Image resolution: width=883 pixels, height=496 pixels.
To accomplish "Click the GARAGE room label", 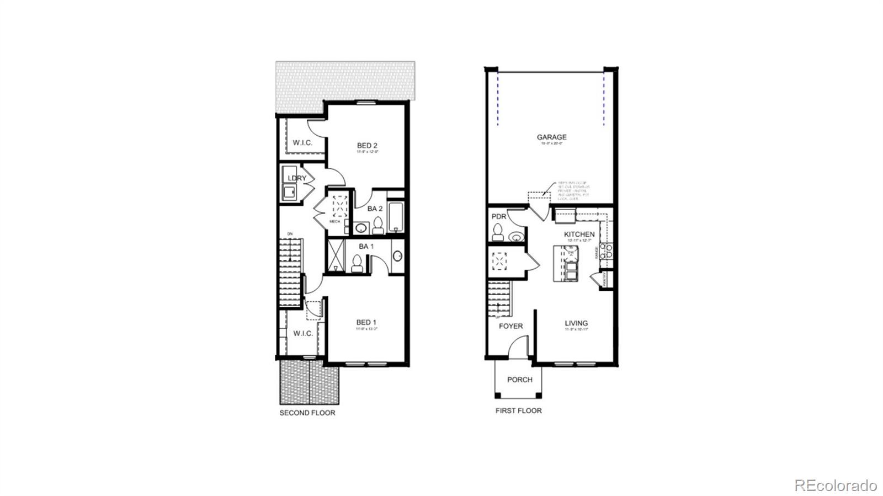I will click(551, 137).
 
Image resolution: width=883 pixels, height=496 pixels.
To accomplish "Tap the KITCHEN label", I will click(579, 234).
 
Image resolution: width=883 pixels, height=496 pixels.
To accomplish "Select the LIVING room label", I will click(576, 323).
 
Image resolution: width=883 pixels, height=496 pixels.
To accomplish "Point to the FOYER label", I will click(510, 326).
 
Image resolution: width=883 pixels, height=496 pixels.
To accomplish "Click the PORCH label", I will click(519, 380).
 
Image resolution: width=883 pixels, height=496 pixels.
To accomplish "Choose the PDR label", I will click(498, 217).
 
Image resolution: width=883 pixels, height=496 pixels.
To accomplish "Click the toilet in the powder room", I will click(497, 232).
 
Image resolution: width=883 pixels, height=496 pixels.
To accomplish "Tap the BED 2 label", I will click(367, 146).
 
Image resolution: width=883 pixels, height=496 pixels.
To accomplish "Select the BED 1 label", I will click(366, 322).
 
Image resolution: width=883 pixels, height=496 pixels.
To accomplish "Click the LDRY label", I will click(297, 178).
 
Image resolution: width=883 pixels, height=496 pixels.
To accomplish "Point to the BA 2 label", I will click(375, 209).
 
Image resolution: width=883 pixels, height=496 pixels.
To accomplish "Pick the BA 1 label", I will click(366, 247).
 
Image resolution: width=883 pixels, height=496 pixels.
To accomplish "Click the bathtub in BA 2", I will click(395, 217).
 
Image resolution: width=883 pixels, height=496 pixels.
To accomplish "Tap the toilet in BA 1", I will click(357, 263).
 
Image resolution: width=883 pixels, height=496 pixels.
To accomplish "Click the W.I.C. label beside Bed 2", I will click(302, 142).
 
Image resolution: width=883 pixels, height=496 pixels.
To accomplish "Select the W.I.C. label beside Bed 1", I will click(303, 333).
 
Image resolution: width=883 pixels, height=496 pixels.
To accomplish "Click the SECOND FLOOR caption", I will click(307, 413).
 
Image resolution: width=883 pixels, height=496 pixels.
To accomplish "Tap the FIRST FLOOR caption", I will click(518, 410).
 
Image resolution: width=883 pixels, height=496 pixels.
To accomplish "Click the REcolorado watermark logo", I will click(835, 486).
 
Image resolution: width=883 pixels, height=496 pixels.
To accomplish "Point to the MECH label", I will click(334, 221).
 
